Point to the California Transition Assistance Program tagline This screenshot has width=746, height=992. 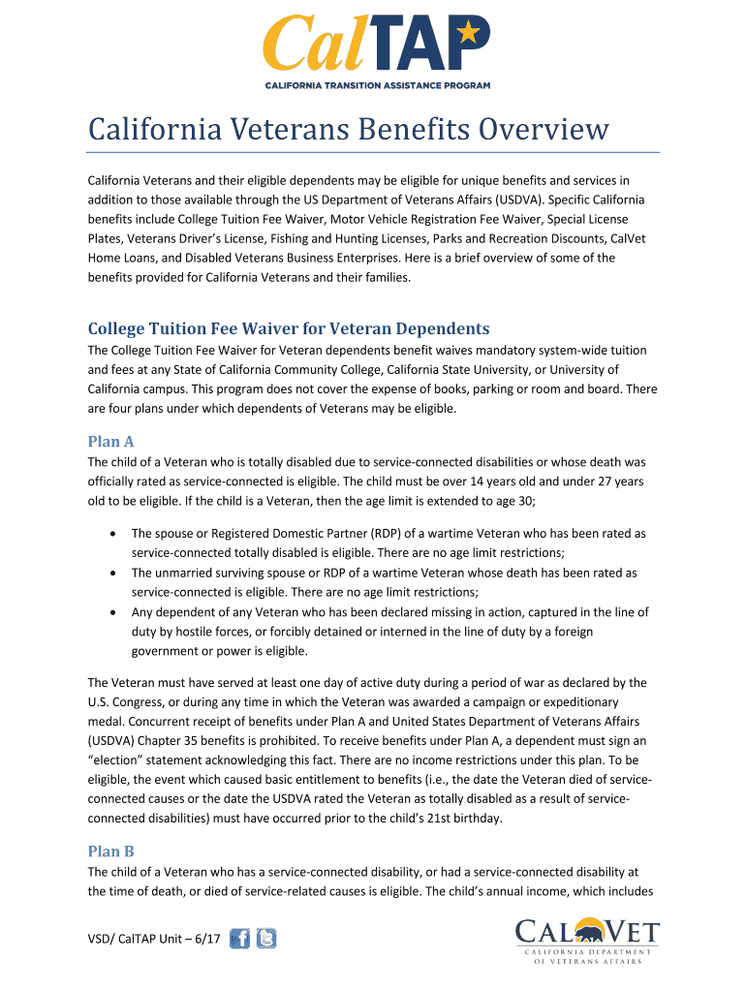pos(377,85)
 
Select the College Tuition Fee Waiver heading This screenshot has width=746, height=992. pos(289,327)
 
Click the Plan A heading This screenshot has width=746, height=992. pos(110,442)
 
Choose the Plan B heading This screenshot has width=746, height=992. pos(110,851)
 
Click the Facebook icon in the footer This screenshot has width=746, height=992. pos(239,938)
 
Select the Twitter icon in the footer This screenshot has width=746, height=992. pos(265,938)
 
